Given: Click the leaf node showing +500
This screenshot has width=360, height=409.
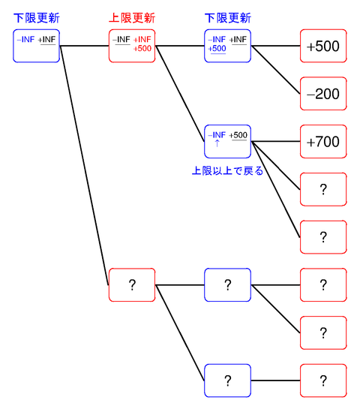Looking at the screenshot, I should click(323, 46).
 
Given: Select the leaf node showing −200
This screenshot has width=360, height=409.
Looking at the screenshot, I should click(323, 94).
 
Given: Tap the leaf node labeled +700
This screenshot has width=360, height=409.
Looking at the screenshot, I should click(323, 141).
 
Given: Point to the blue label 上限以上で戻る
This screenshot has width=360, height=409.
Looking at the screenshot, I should click(228, 171).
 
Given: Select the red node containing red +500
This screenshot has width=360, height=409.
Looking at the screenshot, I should click(132, 46).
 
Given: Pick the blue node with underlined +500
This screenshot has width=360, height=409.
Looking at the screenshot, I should click(228, 46).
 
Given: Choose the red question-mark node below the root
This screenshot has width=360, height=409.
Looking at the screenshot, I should click(132, 285).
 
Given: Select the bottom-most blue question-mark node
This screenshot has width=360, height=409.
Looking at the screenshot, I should click(228, 380).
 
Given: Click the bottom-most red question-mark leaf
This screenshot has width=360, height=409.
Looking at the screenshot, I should click(323, 380).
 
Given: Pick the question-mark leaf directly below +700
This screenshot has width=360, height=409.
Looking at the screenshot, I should click(323, 189).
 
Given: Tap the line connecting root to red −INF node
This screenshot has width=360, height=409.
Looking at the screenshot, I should click(84, 46).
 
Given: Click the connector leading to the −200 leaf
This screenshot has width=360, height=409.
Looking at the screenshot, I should click(276, 70).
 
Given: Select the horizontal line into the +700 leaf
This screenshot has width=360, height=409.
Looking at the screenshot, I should click(276, 141).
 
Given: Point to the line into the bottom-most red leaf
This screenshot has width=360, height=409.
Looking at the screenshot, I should click(276, 380).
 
